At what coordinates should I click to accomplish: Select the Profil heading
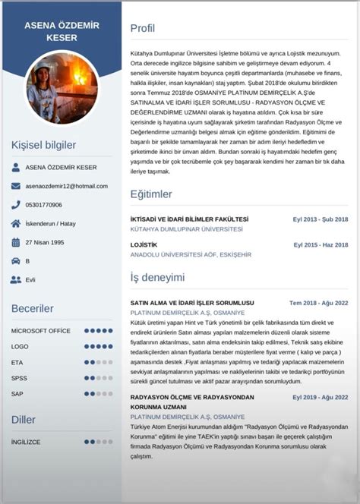[143, 29]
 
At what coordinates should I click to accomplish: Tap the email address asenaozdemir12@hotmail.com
[66, 186]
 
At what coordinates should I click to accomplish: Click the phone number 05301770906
[44, 205]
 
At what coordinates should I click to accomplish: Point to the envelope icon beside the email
[16, 186]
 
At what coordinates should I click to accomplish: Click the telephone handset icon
[16, 205]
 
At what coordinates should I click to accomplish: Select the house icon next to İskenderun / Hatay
[16, 224]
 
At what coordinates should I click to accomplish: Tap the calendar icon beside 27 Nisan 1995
[16, 243]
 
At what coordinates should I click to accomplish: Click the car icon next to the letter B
[16, 261]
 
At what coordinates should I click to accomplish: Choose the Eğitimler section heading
[151, 194]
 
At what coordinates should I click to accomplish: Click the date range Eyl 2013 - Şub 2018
[321, 219]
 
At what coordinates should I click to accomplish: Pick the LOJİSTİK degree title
[144, 245]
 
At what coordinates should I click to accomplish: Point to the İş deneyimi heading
[157, 277]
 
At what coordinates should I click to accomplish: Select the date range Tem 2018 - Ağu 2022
[319, 303]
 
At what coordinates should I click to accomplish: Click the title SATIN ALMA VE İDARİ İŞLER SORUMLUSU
[191, 303]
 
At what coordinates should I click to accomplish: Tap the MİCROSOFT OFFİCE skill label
[40, 331]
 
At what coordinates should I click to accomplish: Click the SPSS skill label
[19, 378]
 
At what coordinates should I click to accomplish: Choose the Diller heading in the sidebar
[24, 419]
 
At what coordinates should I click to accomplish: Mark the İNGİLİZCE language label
[26, 441]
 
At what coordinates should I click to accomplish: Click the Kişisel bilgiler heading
[43, 145]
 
